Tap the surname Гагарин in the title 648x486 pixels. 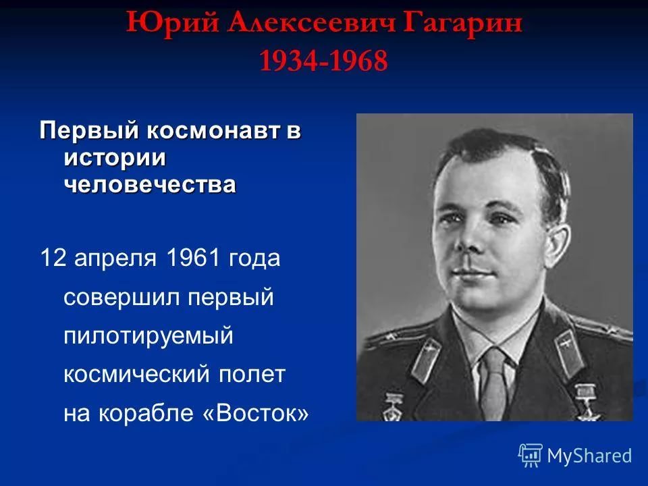(470, 24)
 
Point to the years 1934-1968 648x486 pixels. (323, 62)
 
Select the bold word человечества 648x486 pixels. (150, 184)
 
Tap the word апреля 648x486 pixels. (116, 258)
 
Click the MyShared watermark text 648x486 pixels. (589, 456)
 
